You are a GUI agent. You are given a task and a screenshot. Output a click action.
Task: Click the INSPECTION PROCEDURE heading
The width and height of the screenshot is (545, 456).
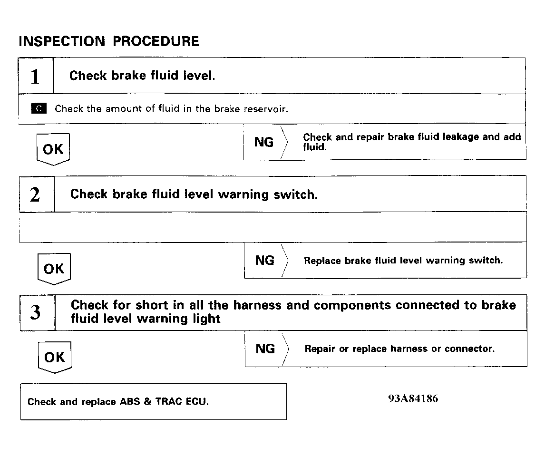click(109, 41)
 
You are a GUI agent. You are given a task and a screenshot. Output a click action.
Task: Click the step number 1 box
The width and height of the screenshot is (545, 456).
click(36, 76)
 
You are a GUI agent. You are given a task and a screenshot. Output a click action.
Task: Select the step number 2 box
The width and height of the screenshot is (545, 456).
click(36, 194)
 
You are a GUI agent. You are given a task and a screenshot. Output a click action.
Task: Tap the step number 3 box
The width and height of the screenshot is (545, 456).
click(36, 312)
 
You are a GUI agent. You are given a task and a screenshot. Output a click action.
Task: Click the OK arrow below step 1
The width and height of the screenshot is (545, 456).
click(53, 149)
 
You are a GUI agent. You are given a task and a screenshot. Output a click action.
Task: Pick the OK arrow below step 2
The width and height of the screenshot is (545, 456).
click(54, 269)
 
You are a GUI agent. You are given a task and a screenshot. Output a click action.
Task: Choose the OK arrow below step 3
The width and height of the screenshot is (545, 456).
click(54, 357)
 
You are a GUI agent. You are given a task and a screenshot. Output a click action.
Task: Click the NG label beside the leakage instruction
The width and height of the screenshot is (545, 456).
click(264, 142)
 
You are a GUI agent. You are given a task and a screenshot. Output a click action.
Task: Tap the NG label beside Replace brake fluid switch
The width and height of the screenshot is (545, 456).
click(265, 261)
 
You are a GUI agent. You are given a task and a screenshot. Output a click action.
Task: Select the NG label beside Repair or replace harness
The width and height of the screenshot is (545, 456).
click(265, 349)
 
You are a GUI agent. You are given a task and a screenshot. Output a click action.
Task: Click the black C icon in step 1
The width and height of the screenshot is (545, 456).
click(39, 109)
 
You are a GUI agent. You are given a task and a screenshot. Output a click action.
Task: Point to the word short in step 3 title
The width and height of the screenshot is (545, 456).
click(153, 305)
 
